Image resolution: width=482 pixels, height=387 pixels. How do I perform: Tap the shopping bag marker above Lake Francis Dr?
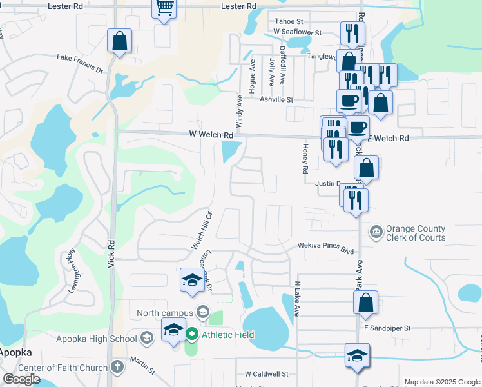[x=120, y=41]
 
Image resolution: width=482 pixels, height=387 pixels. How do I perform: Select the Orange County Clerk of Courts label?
[x=415, y=233]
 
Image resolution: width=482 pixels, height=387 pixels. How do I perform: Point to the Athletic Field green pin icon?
[x=192, y=334]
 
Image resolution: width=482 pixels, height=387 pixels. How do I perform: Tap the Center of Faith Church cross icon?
[x=117, y=367]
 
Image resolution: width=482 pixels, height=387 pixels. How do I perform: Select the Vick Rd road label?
[x=111, y=253]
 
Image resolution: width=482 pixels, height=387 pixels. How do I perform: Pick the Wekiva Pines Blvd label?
[x=326, y=246]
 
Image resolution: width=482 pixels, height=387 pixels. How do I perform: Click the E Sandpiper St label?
[x=387, y=328]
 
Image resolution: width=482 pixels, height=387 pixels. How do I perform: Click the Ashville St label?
[x=276, y=100]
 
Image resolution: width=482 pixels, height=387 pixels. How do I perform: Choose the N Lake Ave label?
[x=297, y=298]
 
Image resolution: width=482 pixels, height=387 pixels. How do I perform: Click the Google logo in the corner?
[x=21, y=379]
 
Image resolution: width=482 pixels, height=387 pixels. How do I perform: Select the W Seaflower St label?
[x=297, y=31]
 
